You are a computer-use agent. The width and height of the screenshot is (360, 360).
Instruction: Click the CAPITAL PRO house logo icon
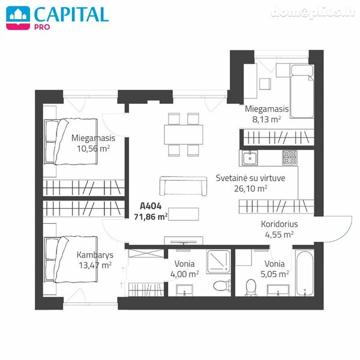tap(18, 17)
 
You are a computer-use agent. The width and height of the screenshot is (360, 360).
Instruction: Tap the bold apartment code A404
tap(151, 206)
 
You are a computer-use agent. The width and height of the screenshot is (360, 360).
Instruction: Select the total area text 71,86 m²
tap(151, 217)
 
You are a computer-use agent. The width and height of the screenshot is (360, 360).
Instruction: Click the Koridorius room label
tap(279, 224)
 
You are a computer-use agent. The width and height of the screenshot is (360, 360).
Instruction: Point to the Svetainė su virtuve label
tap(250, 178)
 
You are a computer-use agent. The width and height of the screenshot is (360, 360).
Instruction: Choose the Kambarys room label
tap(95, 255)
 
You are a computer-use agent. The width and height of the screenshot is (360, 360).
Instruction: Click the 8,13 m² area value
tap(266, 119)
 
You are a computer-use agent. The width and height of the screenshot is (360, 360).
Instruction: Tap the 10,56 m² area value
tap(93, 149)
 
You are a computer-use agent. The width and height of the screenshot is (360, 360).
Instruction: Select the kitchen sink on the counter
tap(250, 158)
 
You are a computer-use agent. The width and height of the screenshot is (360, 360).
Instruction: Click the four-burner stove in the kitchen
tap(290, 157)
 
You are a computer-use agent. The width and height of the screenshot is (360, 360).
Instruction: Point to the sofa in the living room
tap(183, 186)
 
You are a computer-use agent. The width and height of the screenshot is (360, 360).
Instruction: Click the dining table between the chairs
tap(184, 134)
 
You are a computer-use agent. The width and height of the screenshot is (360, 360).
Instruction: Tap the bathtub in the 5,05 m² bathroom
tap(305, 274)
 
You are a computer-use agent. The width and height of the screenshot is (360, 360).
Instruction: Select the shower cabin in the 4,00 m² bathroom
tap(218, 262)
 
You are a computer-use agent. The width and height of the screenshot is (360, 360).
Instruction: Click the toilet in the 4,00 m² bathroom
tap(222, 286)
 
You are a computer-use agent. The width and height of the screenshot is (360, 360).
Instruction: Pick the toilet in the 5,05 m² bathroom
tap(251, 287)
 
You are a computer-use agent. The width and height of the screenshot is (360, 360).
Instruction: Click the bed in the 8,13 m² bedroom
tap(302, 91)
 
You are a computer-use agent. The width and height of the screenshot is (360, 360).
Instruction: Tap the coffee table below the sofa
tap(184, 214)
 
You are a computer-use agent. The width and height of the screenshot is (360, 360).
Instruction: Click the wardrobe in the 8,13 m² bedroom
tap(278, 137)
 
